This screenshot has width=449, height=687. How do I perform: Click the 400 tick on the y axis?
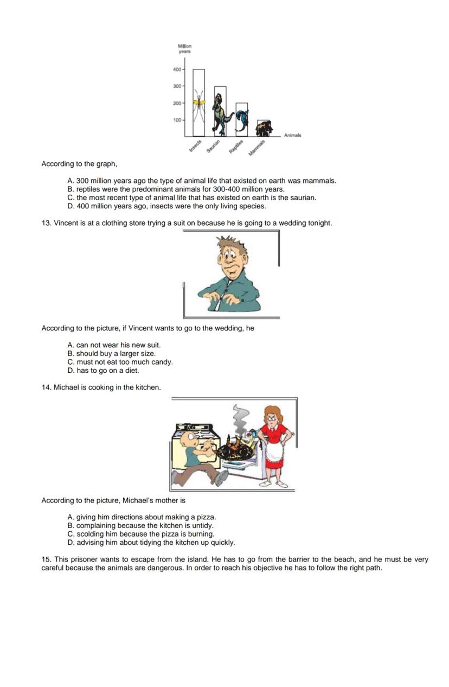tap(177, 69)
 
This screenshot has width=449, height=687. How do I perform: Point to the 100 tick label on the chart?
tap(177, 120)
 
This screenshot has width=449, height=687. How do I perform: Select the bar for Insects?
tap(198, 103)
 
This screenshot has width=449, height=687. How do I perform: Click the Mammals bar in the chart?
tap(264, 129)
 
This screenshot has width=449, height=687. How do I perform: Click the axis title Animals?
tap(292, 135)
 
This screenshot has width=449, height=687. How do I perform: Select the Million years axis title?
tap(184, 49)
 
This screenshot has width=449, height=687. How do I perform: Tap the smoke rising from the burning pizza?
tap(239, 418)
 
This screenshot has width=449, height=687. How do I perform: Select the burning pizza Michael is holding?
tap(236, 449)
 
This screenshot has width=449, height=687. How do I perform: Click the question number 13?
tap(46, 223)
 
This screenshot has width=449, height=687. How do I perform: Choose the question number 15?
tap(46, 559)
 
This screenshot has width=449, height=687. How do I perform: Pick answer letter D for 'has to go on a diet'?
tap(70, 371)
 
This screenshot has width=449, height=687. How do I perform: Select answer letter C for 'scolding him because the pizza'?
tap(70, 534)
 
